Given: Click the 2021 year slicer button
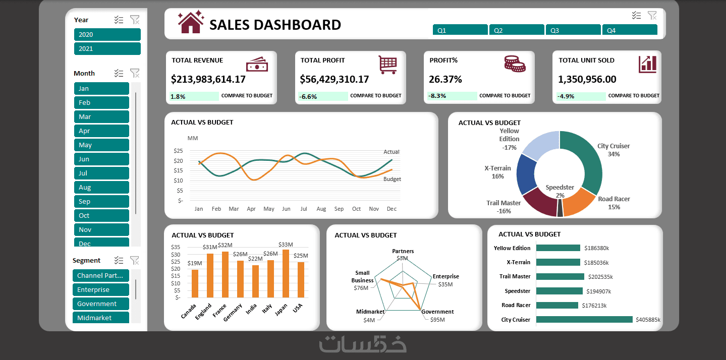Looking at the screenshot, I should (107, 49).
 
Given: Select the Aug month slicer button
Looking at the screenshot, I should (101, 188).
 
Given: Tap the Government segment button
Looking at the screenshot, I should (101, 304).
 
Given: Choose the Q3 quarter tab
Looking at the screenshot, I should (573, 30).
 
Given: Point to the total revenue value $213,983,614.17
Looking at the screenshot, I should (208, 79).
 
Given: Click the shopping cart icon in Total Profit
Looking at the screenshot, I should (387, 65).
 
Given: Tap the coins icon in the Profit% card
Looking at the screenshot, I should (515, 64).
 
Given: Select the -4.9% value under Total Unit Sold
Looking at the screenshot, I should (566, 96).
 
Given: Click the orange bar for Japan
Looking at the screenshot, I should (287, 273).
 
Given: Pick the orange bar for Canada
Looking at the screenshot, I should (195, 283).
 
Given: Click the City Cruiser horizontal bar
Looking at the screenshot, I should (584, 320).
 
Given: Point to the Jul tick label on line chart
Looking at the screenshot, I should (304, 209).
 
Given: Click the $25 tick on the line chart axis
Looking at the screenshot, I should (178, 151).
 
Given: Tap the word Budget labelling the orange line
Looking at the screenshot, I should (392, 179).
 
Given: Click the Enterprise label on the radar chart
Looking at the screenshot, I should (445, 276).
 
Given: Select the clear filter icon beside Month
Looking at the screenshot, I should (135, 73).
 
